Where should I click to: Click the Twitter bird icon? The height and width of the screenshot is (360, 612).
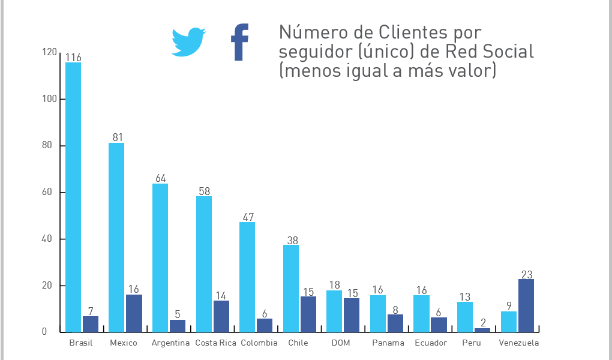[188, 42]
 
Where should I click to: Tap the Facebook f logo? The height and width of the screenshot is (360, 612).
[240, 43]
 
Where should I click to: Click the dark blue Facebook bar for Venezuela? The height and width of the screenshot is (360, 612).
[526, 305]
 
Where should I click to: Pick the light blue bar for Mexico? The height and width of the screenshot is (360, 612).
[116, 237]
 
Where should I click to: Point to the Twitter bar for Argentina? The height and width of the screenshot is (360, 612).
[160, 257]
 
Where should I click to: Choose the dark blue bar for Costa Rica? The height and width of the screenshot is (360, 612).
[221, 316]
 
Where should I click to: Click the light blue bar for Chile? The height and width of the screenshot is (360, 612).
[291, 288]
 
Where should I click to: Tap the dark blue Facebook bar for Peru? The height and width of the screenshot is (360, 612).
[482, 330]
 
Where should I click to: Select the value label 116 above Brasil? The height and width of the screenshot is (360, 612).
[73, 58]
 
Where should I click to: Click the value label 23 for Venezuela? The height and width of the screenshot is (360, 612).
[527, 275]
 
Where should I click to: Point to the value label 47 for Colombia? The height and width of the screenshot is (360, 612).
[247, 217]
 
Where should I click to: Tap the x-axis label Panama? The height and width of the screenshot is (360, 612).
[384, 343]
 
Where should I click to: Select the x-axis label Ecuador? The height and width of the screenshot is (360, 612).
[430, 343]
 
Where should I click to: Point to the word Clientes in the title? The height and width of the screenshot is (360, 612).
[414, 32]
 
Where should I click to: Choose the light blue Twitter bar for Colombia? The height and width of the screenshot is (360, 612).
[247, 277]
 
